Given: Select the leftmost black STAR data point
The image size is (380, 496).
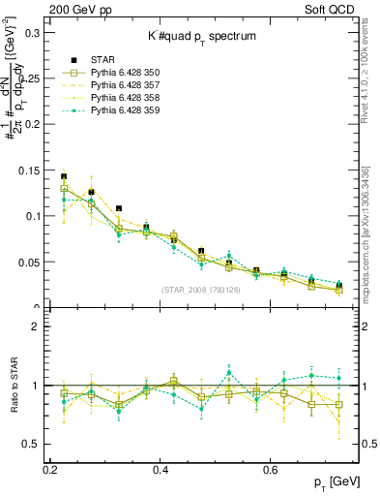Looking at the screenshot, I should click(x=64, y=177).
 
